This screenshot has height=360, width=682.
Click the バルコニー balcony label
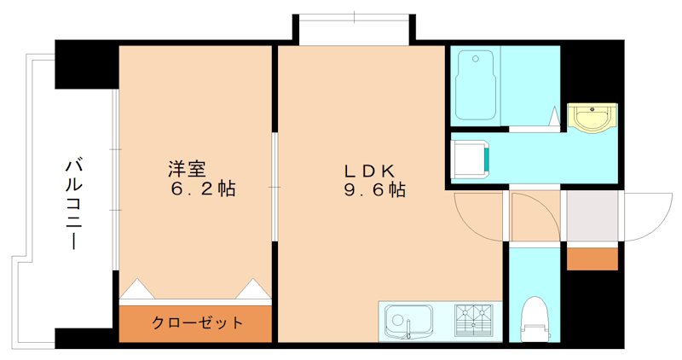point(74,203)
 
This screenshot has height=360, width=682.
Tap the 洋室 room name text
point(187,168)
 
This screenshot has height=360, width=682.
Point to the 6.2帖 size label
point(202,189)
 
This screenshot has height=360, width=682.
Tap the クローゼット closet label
point(197,323)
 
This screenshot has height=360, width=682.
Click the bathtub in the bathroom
point(476,85)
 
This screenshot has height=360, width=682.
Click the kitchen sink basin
point(407,322)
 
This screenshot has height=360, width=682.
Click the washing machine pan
point(470,159)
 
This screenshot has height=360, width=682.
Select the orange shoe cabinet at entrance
point(592,258)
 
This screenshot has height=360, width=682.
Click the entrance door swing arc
point(650,213)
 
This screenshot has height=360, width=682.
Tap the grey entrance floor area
point(592,216)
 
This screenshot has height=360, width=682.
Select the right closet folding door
point(253,289)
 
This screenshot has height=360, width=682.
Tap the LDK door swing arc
point(476,213)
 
